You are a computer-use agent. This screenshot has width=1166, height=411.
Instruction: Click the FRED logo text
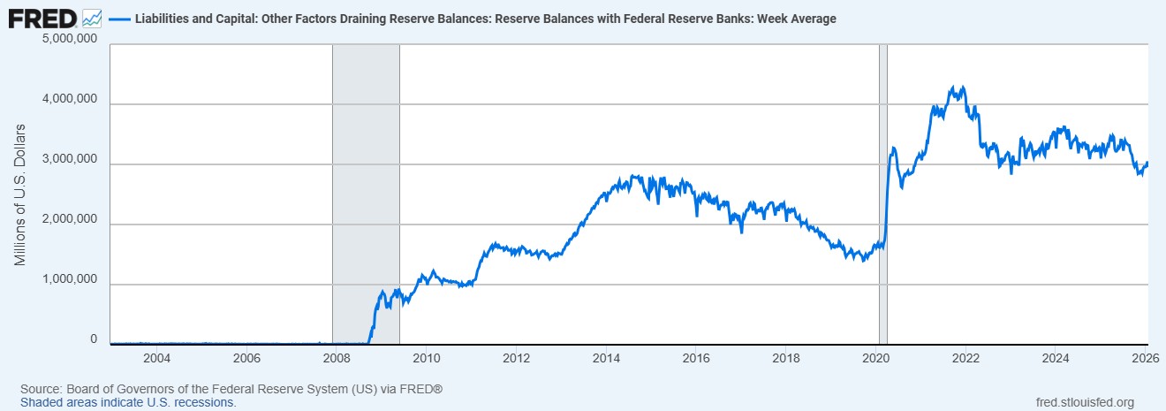coord(42,18)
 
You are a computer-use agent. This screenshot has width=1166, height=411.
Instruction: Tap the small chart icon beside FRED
coord(92,18)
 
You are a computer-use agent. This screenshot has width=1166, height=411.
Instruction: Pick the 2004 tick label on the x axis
coord(156,358)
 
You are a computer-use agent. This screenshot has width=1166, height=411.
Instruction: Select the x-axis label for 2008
coord(336,358)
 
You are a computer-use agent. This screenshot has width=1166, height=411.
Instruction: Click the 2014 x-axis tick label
coord(605,358)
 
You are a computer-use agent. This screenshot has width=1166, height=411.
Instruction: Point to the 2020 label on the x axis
coord(874,358)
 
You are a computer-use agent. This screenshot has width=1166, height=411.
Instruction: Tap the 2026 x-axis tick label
coord(1145,358)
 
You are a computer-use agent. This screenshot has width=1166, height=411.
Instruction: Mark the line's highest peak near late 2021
coord(952,87)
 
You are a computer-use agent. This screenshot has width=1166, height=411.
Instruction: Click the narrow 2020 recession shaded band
coord(882,194)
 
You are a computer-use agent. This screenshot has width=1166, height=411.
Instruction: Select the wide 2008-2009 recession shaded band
coord(366,194)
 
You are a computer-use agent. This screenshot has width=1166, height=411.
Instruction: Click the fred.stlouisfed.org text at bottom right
coord(1084,403)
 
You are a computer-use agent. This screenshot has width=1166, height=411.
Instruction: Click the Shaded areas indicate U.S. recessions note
coord(128,402)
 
